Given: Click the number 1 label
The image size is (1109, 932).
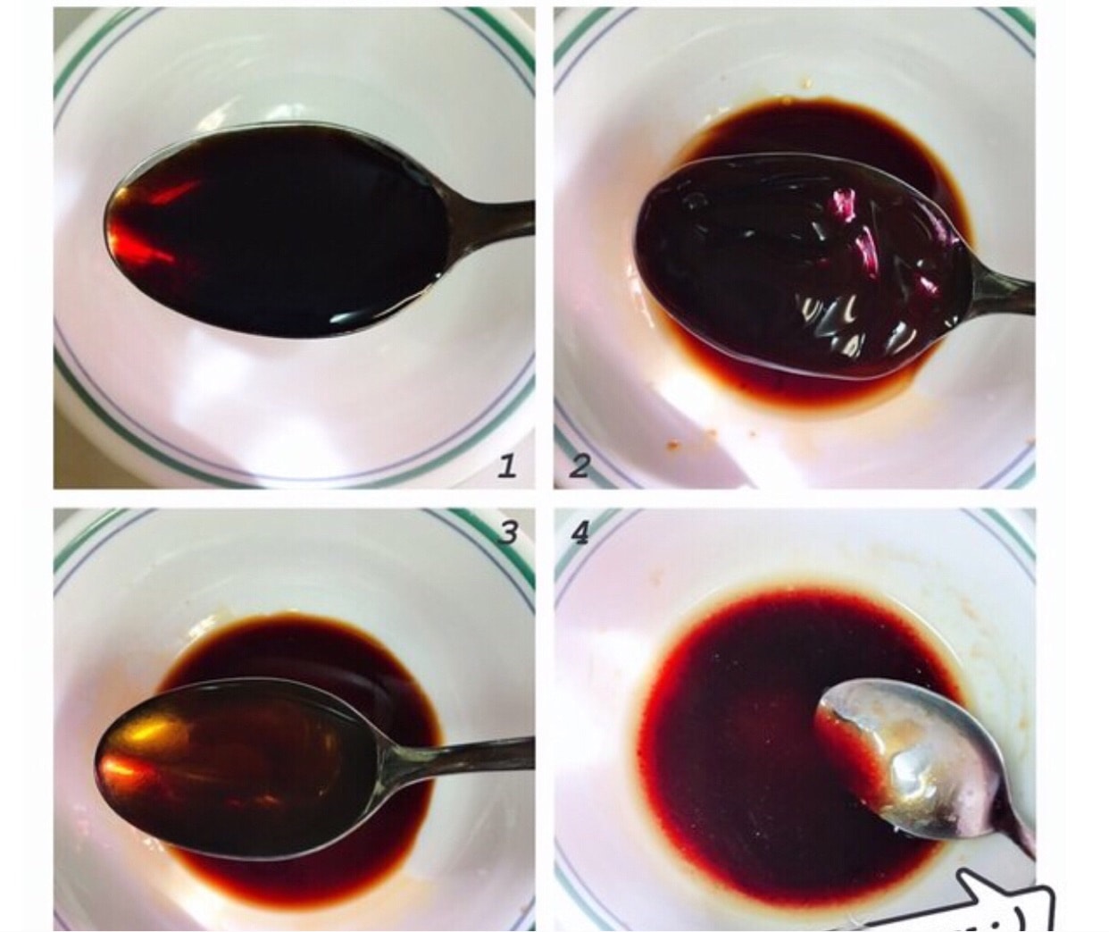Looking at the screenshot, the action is pyautogui.click(x=506, y=467).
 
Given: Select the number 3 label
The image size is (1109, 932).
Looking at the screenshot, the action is pyautogui.click(x=508, y=533).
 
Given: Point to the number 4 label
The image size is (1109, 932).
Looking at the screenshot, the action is pyautogui.click(x=580, y=533).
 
